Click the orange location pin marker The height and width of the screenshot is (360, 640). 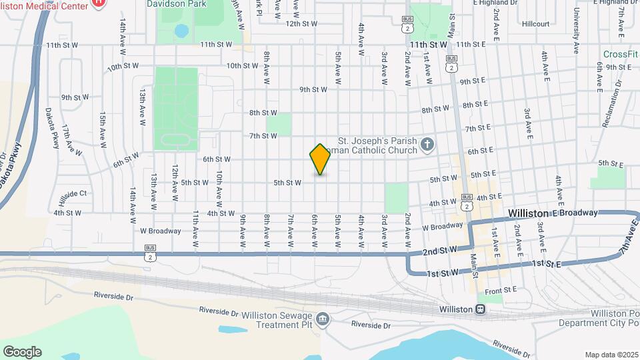click(x=320, y=159)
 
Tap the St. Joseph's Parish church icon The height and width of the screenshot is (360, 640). click(x=427, y=144)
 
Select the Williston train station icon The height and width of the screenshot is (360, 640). click(x=480, y=309)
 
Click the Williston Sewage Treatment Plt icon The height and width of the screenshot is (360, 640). click(x=323, y=319)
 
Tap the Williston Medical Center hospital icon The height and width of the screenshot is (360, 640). click(x=98, y=3)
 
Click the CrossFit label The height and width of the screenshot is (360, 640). click(x=620, y=54)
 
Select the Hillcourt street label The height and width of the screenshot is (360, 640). click(x=536, y=23)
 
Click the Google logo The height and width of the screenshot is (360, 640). click(x=22, y=351)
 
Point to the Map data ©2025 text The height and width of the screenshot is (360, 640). click(x=611, y=355)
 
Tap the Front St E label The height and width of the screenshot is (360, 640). click(x=501, y=289)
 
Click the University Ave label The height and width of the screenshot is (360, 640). click(x=576, y=32)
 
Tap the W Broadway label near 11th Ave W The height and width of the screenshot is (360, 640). click(x=160, y=231)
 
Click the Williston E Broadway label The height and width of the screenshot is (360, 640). click(x=552, y=213)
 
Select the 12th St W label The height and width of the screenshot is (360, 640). click(x=302, y=23)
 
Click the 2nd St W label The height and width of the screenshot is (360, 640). click(x=438, y=250)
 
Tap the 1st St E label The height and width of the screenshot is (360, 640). click(x=547, y=265)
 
